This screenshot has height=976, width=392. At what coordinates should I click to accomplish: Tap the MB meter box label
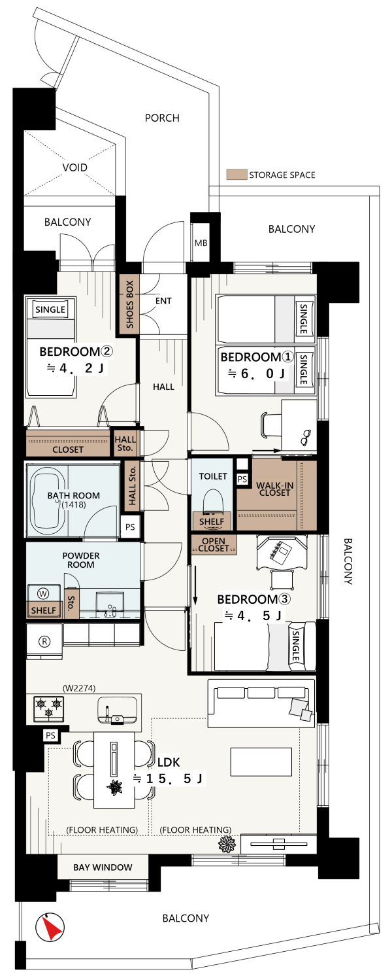click(x=201, y=243)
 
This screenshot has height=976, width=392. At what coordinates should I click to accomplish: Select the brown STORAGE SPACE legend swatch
click(x=237, y=175)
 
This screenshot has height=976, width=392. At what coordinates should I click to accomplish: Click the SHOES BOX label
click(x=129, y=304)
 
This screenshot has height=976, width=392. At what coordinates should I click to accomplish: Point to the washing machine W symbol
click(x=43, y=593)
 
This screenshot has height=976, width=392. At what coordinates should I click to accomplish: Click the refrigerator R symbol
click(x=44, y=641)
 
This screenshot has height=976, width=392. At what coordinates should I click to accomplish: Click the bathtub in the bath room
click(x=46, y=501)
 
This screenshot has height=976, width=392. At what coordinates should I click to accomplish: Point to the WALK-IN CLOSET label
click(x=274, y=489)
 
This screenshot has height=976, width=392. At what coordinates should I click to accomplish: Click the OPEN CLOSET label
click(x=214, y=545)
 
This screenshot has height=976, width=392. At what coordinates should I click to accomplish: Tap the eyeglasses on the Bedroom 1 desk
click(x=306, y=436)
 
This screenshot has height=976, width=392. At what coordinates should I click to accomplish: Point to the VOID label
click(x=75, y=167)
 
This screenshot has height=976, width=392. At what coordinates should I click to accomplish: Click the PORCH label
click(x=162, y=118)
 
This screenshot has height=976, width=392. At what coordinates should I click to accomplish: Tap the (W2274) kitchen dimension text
click(x=79, y=688)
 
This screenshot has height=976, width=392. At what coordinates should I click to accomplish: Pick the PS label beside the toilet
click(x=242, y=479)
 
